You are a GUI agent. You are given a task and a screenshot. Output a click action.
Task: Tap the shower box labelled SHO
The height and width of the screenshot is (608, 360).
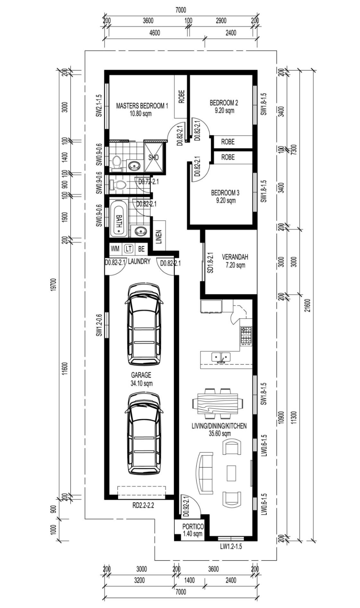pos(154,158)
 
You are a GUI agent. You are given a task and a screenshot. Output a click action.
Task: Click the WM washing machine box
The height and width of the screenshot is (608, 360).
pos(115,249)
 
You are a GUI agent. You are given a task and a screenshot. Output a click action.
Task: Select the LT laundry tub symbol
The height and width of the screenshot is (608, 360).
pos(128,249)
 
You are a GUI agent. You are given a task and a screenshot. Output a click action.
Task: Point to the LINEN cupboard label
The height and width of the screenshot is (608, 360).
pos(159,237)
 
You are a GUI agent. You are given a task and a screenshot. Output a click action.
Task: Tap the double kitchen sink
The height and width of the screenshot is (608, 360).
pos(221,357)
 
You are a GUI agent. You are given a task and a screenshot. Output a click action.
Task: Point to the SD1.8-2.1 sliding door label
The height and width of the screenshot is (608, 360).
pos(211,263)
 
